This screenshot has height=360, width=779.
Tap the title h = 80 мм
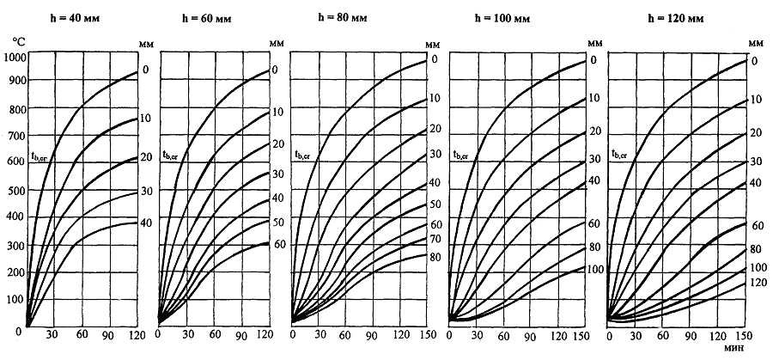click(x=344, y=17)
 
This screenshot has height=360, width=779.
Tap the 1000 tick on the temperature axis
click(x=15, y=57)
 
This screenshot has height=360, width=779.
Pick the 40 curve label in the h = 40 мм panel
click(x=145, y=223)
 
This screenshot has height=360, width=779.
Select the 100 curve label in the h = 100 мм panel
click(x=595, y=269)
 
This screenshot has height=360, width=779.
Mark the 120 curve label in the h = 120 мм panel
click(x=758, y=282)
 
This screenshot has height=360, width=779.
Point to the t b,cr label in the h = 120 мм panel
click(x=621, y=156)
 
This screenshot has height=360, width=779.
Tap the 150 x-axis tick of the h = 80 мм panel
click(x=426, y=336)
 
